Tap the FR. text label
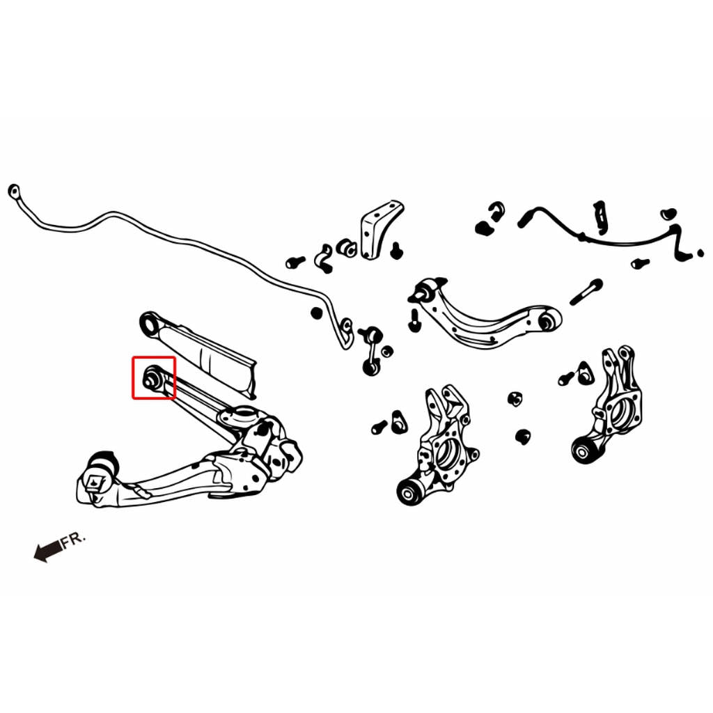[72, 540]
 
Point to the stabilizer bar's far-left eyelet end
[14, 191]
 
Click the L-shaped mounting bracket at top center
[380, 230]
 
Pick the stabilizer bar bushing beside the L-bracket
[347, 247]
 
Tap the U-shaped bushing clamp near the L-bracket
[324, 258]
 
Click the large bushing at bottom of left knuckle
[411, 491]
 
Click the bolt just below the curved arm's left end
[414, 320]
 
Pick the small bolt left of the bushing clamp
[295, 262]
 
